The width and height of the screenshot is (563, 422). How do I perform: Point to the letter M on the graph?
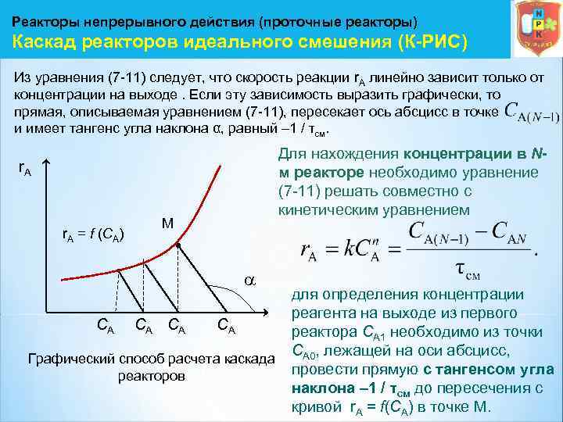point(167,223)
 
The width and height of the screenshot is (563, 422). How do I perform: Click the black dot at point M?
point(178,245)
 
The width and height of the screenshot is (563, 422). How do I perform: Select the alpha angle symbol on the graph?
point(250,279)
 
